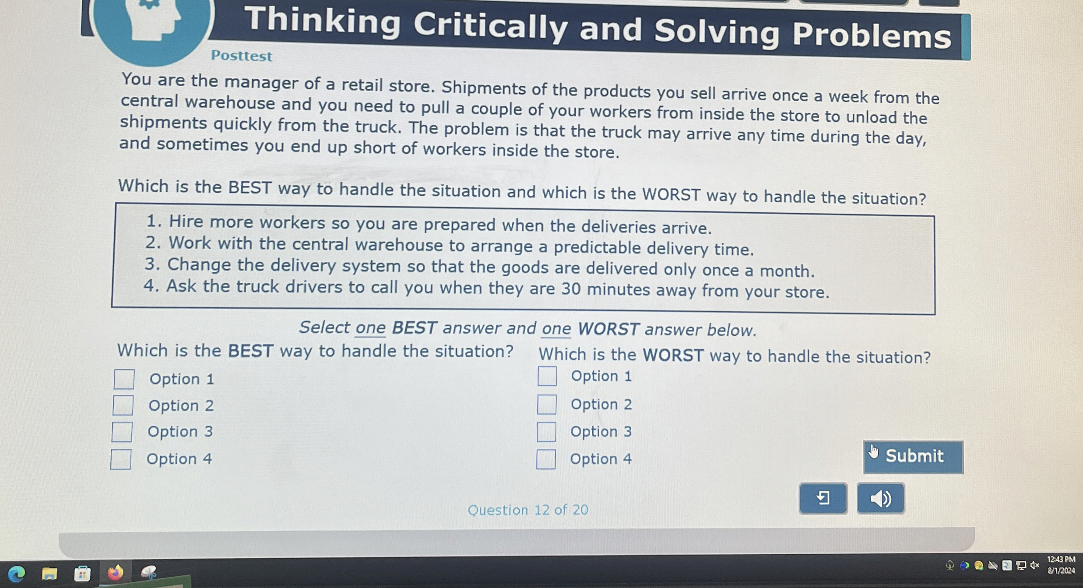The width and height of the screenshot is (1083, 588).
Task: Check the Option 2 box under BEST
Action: click(123, 405)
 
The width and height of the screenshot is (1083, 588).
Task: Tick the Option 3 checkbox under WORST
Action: click(546, 432)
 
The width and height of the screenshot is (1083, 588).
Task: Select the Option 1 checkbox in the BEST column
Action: click(124, 379)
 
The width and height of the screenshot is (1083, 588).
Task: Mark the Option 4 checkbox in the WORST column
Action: click(546, 459)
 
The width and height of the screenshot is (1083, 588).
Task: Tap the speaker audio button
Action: click(880, 498)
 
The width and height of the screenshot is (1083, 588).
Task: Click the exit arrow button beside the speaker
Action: click(823, 498)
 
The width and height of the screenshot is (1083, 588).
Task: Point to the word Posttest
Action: click(241, 56)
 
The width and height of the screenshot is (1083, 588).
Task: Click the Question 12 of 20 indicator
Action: click(527, 510)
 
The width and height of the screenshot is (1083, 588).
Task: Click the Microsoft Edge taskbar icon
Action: click(17, 574)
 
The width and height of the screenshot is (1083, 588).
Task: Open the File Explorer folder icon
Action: click(49, 574)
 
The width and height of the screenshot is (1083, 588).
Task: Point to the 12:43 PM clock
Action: click(1061, 560)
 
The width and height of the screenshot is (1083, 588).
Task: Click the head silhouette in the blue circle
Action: click(153, 20)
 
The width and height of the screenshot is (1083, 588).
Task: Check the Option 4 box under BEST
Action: click(121, 459)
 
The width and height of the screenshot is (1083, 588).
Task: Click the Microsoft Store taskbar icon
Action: click(82, 574)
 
